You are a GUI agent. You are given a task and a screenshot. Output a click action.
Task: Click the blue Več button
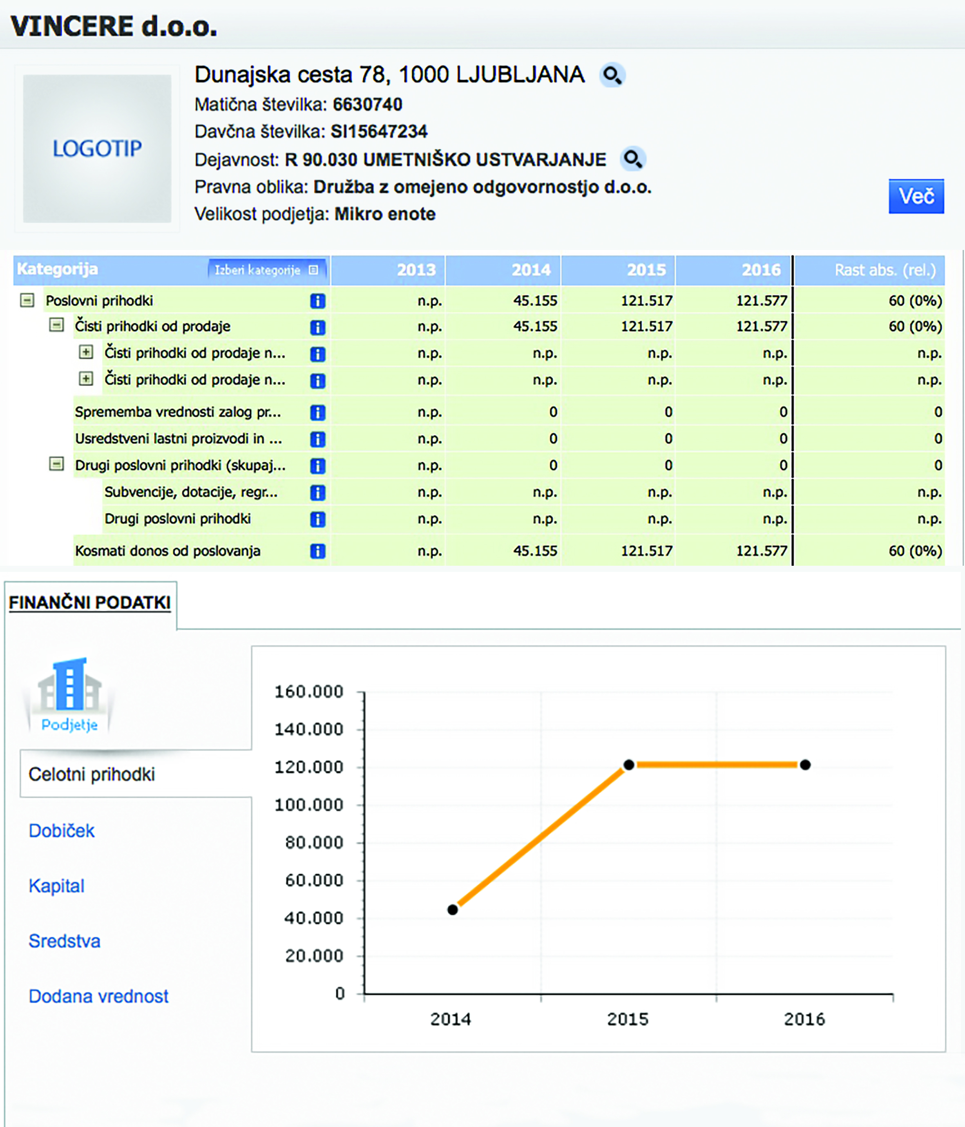click(916, 196)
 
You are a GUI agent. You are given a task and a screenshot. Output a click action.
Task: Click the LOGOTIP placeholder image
click(97, 149)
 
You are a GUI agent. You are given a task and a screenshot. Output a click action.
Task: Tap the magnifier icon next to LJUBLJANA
click(612, 75)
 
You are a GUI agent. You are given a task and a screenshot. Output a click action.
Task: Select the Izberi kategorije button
click(266, 270)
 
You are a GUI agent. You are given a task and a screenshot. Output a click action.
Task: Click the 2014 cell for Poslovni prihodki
click(535, 301)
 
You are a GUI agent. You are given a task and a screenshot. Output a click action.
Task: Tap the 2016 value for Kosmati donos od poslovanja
click(762, 551)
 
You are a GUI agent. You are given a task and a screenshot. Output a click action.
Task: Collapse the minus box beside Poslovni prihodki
click(27, 300)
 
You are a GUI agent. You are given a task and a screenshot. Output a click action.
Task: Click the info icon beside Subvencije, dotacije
click(318, 493)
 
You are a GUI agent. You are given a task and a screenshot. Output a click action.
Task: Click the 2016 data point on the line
click(805, 765)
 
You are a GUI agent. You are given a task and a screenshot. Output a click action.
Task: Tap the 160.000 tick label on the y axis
click(308, 692)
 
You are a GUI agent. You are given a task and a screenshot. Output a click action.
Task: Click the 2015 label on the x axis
click(628, 1019)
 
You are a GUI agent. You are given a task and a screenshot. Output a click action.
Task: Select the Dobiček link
click(61, 830)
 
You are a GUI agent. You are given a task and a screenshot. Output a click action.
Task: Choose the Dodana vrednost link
click(98, 996)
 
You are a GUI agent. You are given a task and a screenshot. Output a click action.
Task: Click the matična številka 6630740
click(368, 105)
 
